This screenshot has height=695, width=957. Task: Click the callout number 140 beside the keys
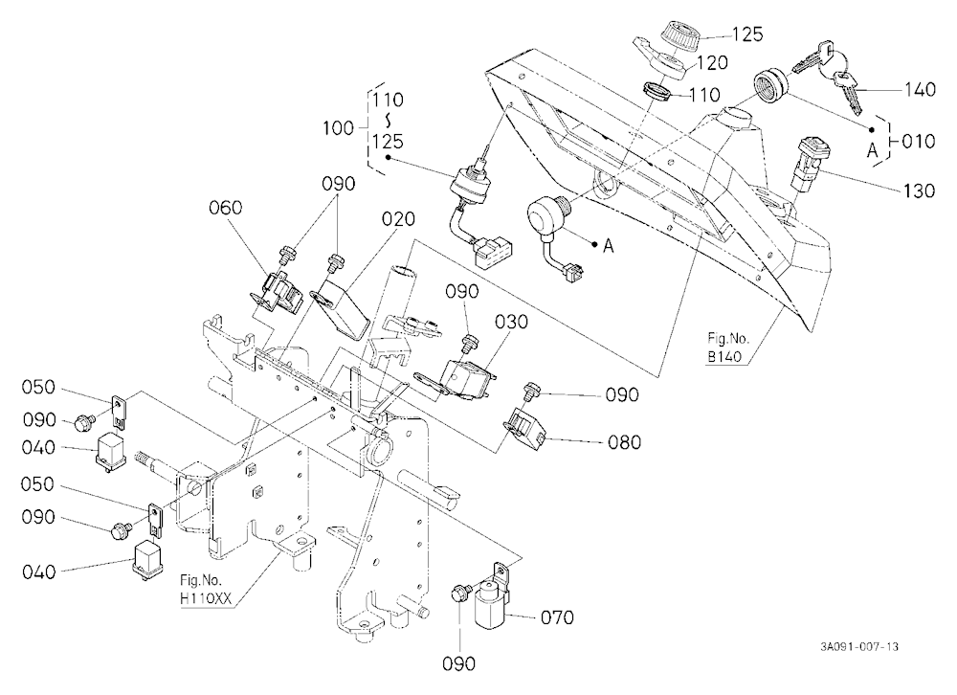coord(920,90)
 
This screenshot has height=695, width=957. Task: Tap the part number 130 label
coord(919,191)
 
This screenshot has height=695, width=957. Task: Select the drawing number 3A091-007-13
coord(859,647)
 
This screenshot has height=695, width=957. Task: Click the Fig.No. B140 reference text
coord(727,347)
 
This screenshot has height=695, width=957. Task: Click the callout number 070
coord(557,617)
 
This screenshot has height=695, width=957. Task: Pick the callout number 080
coord(624,441)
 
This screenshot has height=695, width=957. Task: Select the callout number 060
coord(225,208)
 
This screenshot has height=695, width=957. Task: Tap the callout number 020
coord(398,218)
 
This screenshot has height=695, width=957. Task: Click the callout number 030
coord(511,322)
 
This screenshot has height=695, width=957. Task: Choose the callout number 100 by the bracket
coord(338,128)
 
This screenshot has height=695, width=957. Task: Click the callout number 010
coord(919,142)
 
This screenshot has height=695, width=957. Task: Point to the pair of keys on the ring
coord(827,75)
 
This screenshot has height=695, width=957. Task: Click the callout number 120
coord(711,62)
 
